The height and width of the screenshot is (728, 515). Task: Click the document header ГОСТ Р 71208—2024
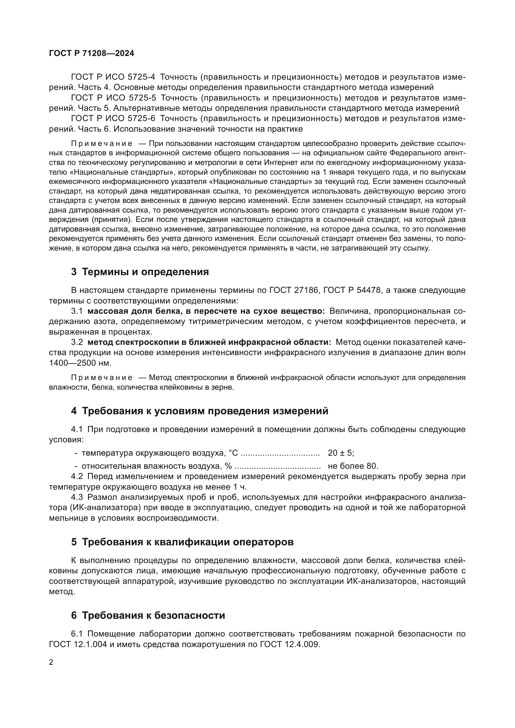point(92,53)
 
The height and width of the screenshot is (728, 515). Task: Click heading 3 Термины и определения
point(140,272)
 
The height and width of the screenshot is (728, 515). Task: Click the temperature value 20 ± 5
point(341,453)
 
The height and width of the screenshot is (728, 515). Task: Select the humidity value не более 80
point(353,466)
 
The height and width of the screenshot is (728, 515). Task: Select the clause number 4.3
point(77,497)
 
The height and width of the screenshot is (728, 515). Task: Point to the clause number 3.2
point(77,342)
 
